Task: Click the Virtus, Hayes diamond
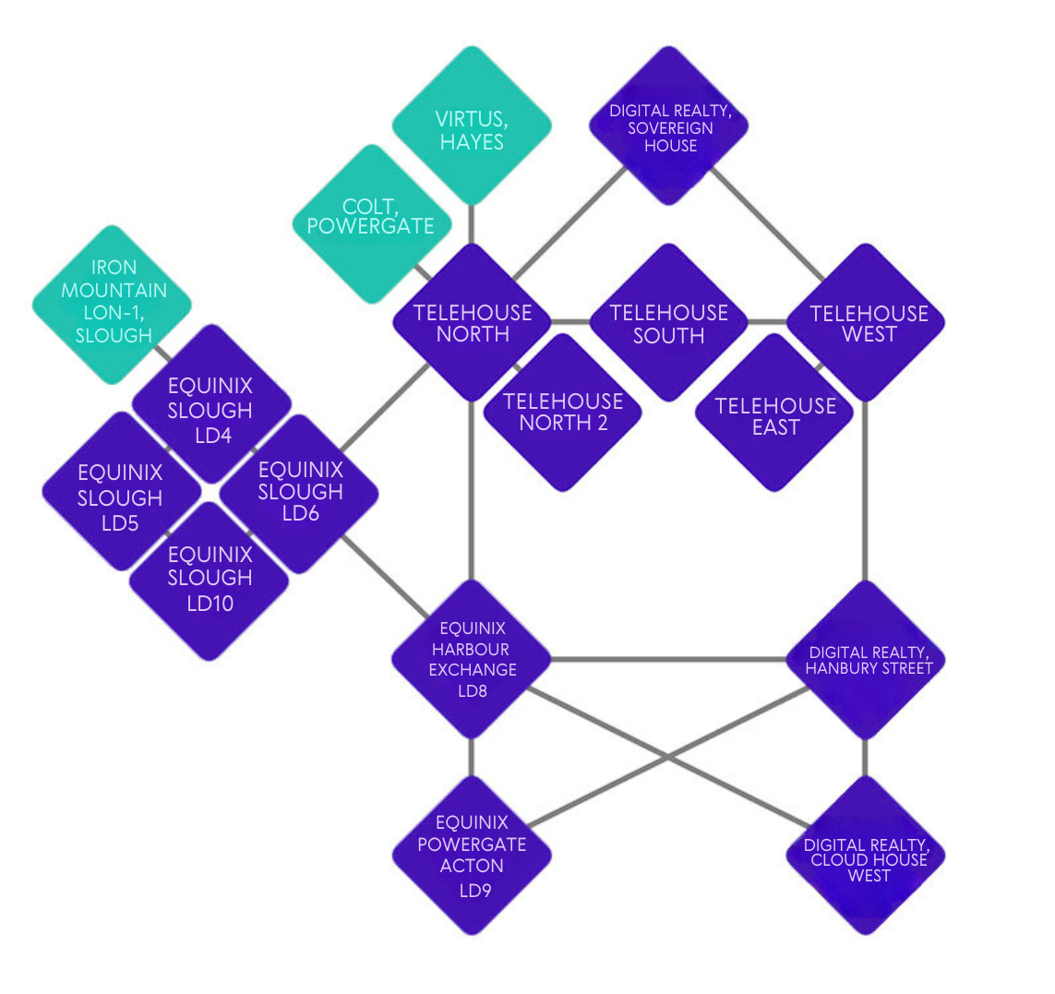[472, 126]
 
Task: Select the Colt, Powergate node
[372, 224]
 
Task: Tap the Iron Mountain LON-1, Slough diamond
[113, 305]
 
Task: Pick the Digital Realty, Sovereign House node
[669, 126]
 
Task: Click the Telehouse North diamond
[473, 323]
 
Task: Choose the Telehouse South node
[669, 323]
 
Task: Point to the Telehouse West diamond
[866, 323]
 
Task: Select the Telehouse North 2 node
[562, 413]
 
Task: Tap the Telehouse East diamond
[774, 413]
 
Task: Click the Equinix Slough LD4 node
[212, 404]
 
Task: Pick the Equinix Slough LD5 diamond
[122, 491]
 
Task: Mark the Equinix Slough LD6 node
[299, 494]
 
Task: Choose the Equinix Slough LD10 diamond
[210, 581]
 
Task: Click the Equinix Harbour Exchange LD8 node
[472, 660]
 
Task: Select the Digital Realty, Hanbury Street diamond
[866, 660]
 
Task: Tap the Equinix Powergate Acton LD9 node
[472, 856]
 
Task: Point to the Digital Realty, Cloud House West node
[866, 856]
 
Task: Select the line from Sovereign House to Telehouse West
[767, 224]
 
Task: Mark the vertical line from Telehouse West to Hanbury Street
[866, 491]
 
